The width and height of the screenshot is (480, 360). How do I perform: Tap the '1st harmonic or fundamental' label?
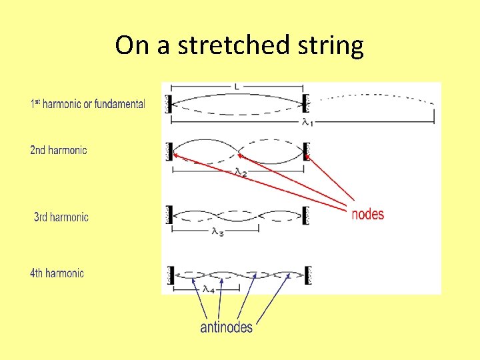pos(87,104)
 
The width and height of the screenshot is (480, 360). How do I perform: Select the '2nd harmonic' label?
pos(59,150)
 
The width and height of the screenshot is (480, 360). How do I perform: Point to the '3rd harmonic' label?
pos(61,217)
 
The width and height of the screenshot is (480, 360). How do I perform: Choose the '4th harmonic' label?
pos(57,273)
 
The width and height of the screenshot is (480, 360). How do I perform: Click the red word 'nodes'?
pos(367,214)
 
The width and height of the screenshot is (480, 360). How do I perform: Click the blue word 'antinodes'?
pos(226,327)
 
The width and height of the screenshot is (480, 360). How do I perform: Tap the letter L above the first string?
pos(237,87)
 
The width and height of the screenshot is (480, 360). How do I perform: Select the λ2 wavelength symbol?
pos(241,172)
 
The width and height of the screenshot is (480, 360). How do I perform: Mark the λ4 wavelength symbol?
pos(208,289)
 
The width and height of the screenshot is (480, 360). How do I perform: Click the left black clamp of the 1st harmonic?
pos(169,103)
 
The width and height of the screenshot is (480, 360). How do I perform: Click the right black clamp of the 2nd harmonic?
pos(307,151)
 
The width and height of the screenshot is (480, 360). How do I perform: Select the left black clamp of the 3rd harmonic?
pos(170,215)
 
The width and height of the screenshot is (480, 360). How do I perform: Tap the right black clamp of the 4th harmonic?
pos(307,274)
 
